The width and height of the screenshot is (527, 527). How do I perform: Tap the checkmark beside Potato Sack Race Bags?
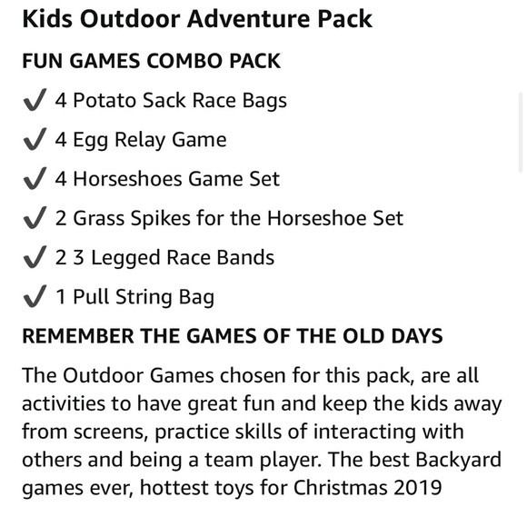tap(34, 101)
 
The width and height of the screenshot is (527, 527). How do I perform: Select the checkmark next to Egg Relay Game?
tap(34, 140)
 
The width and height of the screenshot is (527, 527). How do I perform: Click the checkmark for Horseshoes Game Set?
tap(34, 179)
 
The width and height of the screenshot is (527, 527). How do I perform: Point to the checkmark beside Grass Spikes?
tap(34, 219)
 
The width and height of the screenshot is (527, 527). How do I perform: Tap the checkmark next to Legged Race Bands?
tap(34, 258)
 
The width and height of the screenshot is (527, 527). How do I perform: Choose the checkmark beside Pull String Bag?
tap(34, 297)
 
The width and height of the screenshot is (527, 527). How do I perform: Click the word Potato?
tap(104, 101)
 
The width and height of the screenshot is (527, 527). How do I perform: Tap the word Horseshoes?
tap(127, 179)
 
